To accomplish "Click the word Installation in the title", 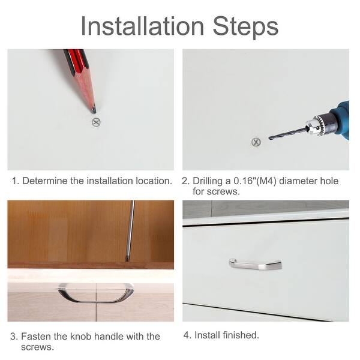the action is point(142,26).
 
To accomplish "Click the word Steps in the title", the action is point(245,27).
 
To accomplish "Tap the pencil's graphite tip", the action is point(94,110).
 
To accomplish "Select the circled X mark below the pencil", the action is point(96,122).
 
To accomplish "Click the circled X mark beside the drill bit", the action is point(256,142).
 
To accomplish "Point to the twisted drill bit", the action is point(288,133).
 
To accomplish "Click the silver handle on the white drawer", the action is point(255,265).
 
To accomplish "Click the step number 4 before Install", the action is point(187,335).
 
